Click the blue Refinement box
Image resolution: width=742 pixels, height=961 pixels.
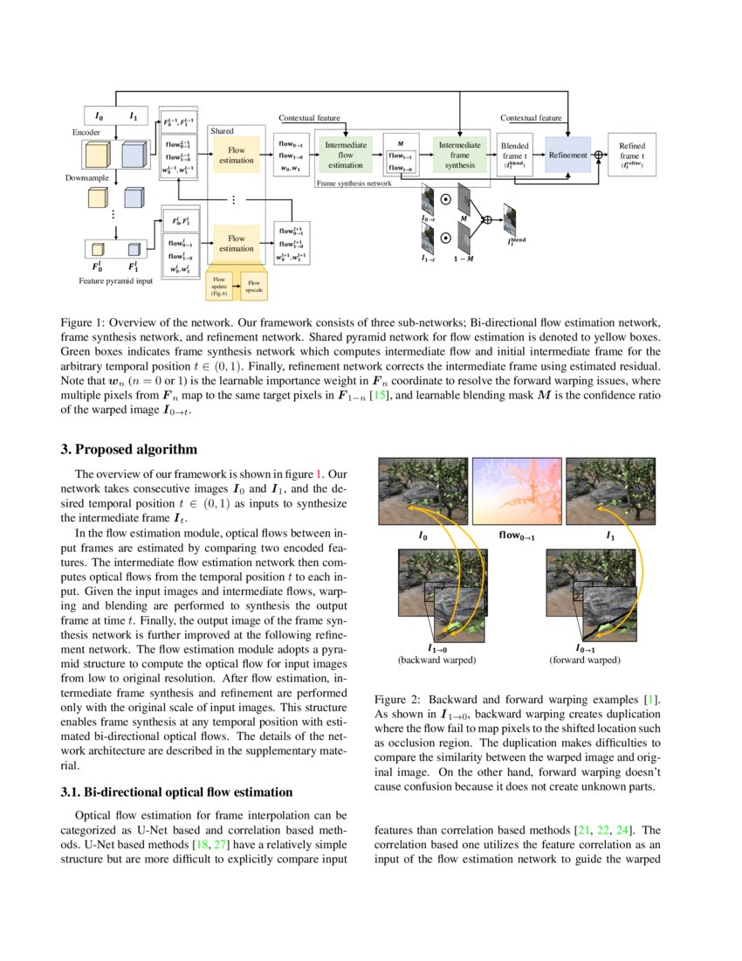[x=567, y=155]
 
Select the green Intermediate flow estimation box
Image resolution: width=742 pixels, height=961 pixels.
[x=345, y=155]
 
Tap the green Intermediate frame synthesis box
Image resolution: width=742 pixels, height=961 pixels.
[x=459, y=155]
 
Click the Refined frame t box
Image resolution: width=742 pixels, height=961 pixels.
[x=631, y=155]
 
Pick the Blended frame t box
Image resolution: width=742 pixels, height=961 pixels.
[x=514, y=155]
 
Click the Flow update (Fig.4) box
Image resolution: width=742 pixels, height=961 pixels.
[x=218, y=284]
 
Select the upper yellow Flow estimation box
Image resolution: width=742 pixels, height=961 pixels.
[x=236, y=155]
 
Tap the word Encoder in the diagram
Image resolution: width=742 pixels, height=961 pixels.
[x=87, y=131]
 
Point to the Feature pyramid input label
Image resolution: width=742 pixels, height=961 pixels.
[x=114, y=281]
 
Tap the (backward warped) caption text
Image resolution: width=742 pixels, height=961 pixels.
[x=436, y=660]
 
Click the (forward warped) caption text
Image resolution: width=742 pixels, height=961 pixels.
[x=585, y=660]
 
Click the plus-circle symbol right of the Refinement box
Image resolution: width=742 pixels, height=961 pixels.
[x=599, y=155]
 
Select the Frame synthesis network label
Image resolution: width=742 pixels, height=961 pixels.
[x=354, y=184]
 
